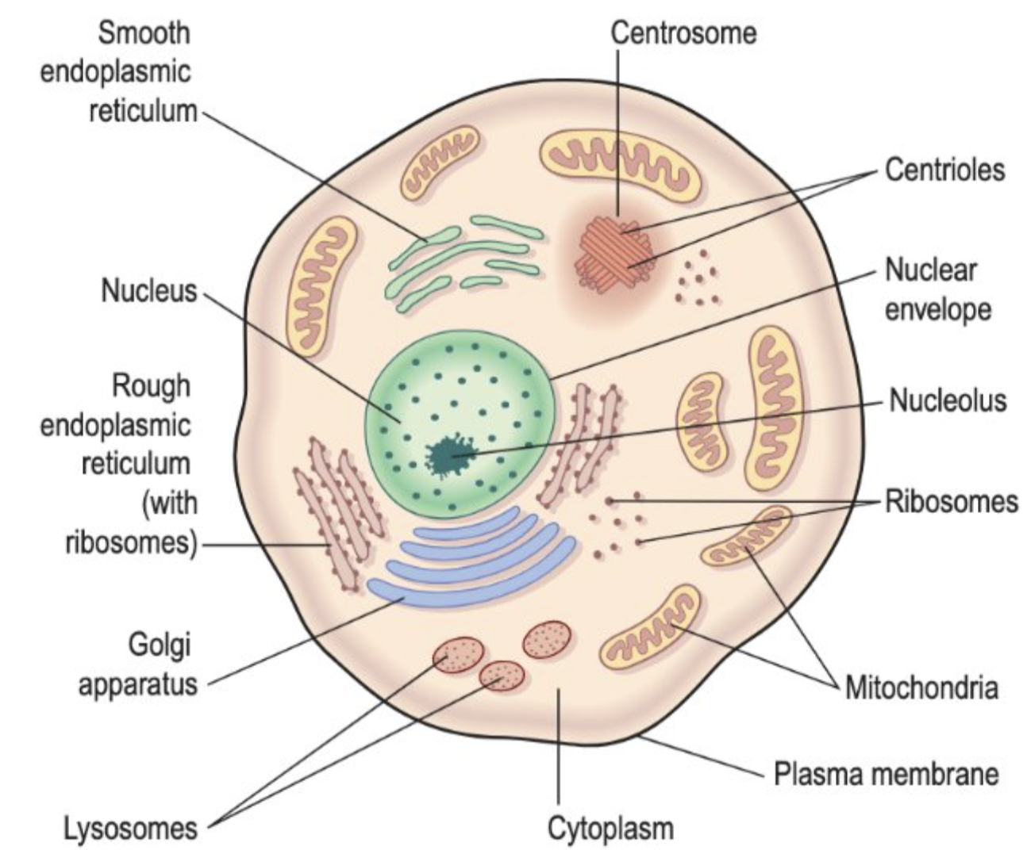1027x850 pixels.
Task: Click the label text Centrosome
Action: tap(683, 33)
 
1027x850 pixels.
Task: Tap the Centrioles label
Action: tap(944, 170)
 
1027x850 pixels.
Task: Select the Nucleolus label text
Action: tap(947, 400)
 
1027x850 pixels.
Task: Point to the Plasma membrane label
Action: tap(886, 773)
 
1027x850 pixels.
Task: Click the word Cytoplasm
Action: tap(610, 828)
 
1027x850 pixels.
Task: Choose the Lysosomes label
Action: tap(130, 828)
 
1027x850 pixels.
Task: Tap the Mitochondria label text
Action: tap(921, 687)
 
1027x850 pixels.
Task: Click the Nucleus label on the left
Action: tap(148, 290)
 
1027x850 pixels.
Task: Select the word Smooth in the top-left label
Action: tap(144, 33)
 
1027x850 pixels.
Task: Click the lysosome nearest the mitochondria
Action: tap(547, 639)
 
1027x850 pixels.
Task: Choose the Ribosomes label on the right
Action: tap(951, 501)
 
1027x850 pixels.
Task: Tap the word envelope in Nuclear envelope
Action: tap(937, 309)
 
